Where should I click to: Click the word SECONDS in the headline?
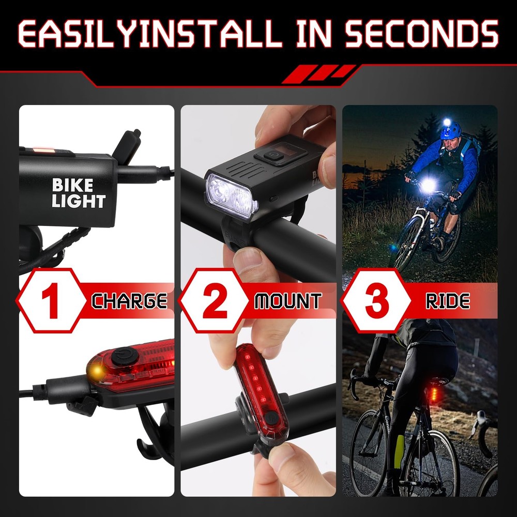coord(422,33)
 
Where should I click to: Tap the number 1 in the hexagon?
coord(50,301)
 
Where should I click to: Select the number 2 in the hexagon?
coord(215,301)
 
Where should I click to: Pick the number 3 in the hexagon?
coord(376,301)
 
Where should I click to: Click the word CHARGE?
coord(129,301)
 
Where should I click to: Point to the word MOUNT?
coord(288,301)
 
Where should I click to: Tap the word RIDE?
coord(447,301)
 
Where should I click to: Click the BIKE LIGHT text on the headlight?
coord(78,193)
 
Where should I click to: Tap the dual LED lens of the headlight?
coord(231,196)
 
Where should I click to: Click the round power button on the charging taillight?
coord(124,356)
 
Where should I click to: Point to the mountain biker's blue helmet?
coord(450,130)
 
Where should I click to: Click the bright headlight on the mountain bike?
coord(428,186)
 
